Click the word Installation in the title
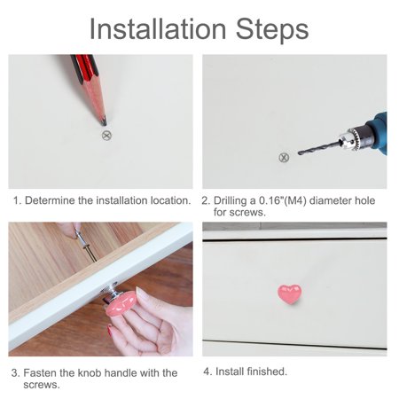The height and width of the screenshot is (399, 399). coord(158,29)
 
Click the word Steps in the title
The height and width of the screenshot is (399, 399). coord(272,30)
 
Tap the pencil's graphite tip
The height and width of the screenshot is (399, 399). coord(104,122)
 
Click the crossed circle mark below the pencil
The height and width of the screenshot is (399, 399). coord(106,136)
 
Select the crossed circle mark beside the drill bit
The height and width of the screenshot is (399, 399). coord(284,158)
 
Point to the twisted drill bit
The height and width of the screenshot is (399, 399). coord(319,147)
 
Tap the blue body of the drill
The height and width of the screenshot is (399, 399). coord(376,131)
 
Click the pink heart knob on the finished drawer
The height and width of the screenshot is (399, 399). coord(289,294)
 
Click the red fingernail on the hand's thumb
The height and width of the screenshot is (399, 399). coord(110,330)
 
